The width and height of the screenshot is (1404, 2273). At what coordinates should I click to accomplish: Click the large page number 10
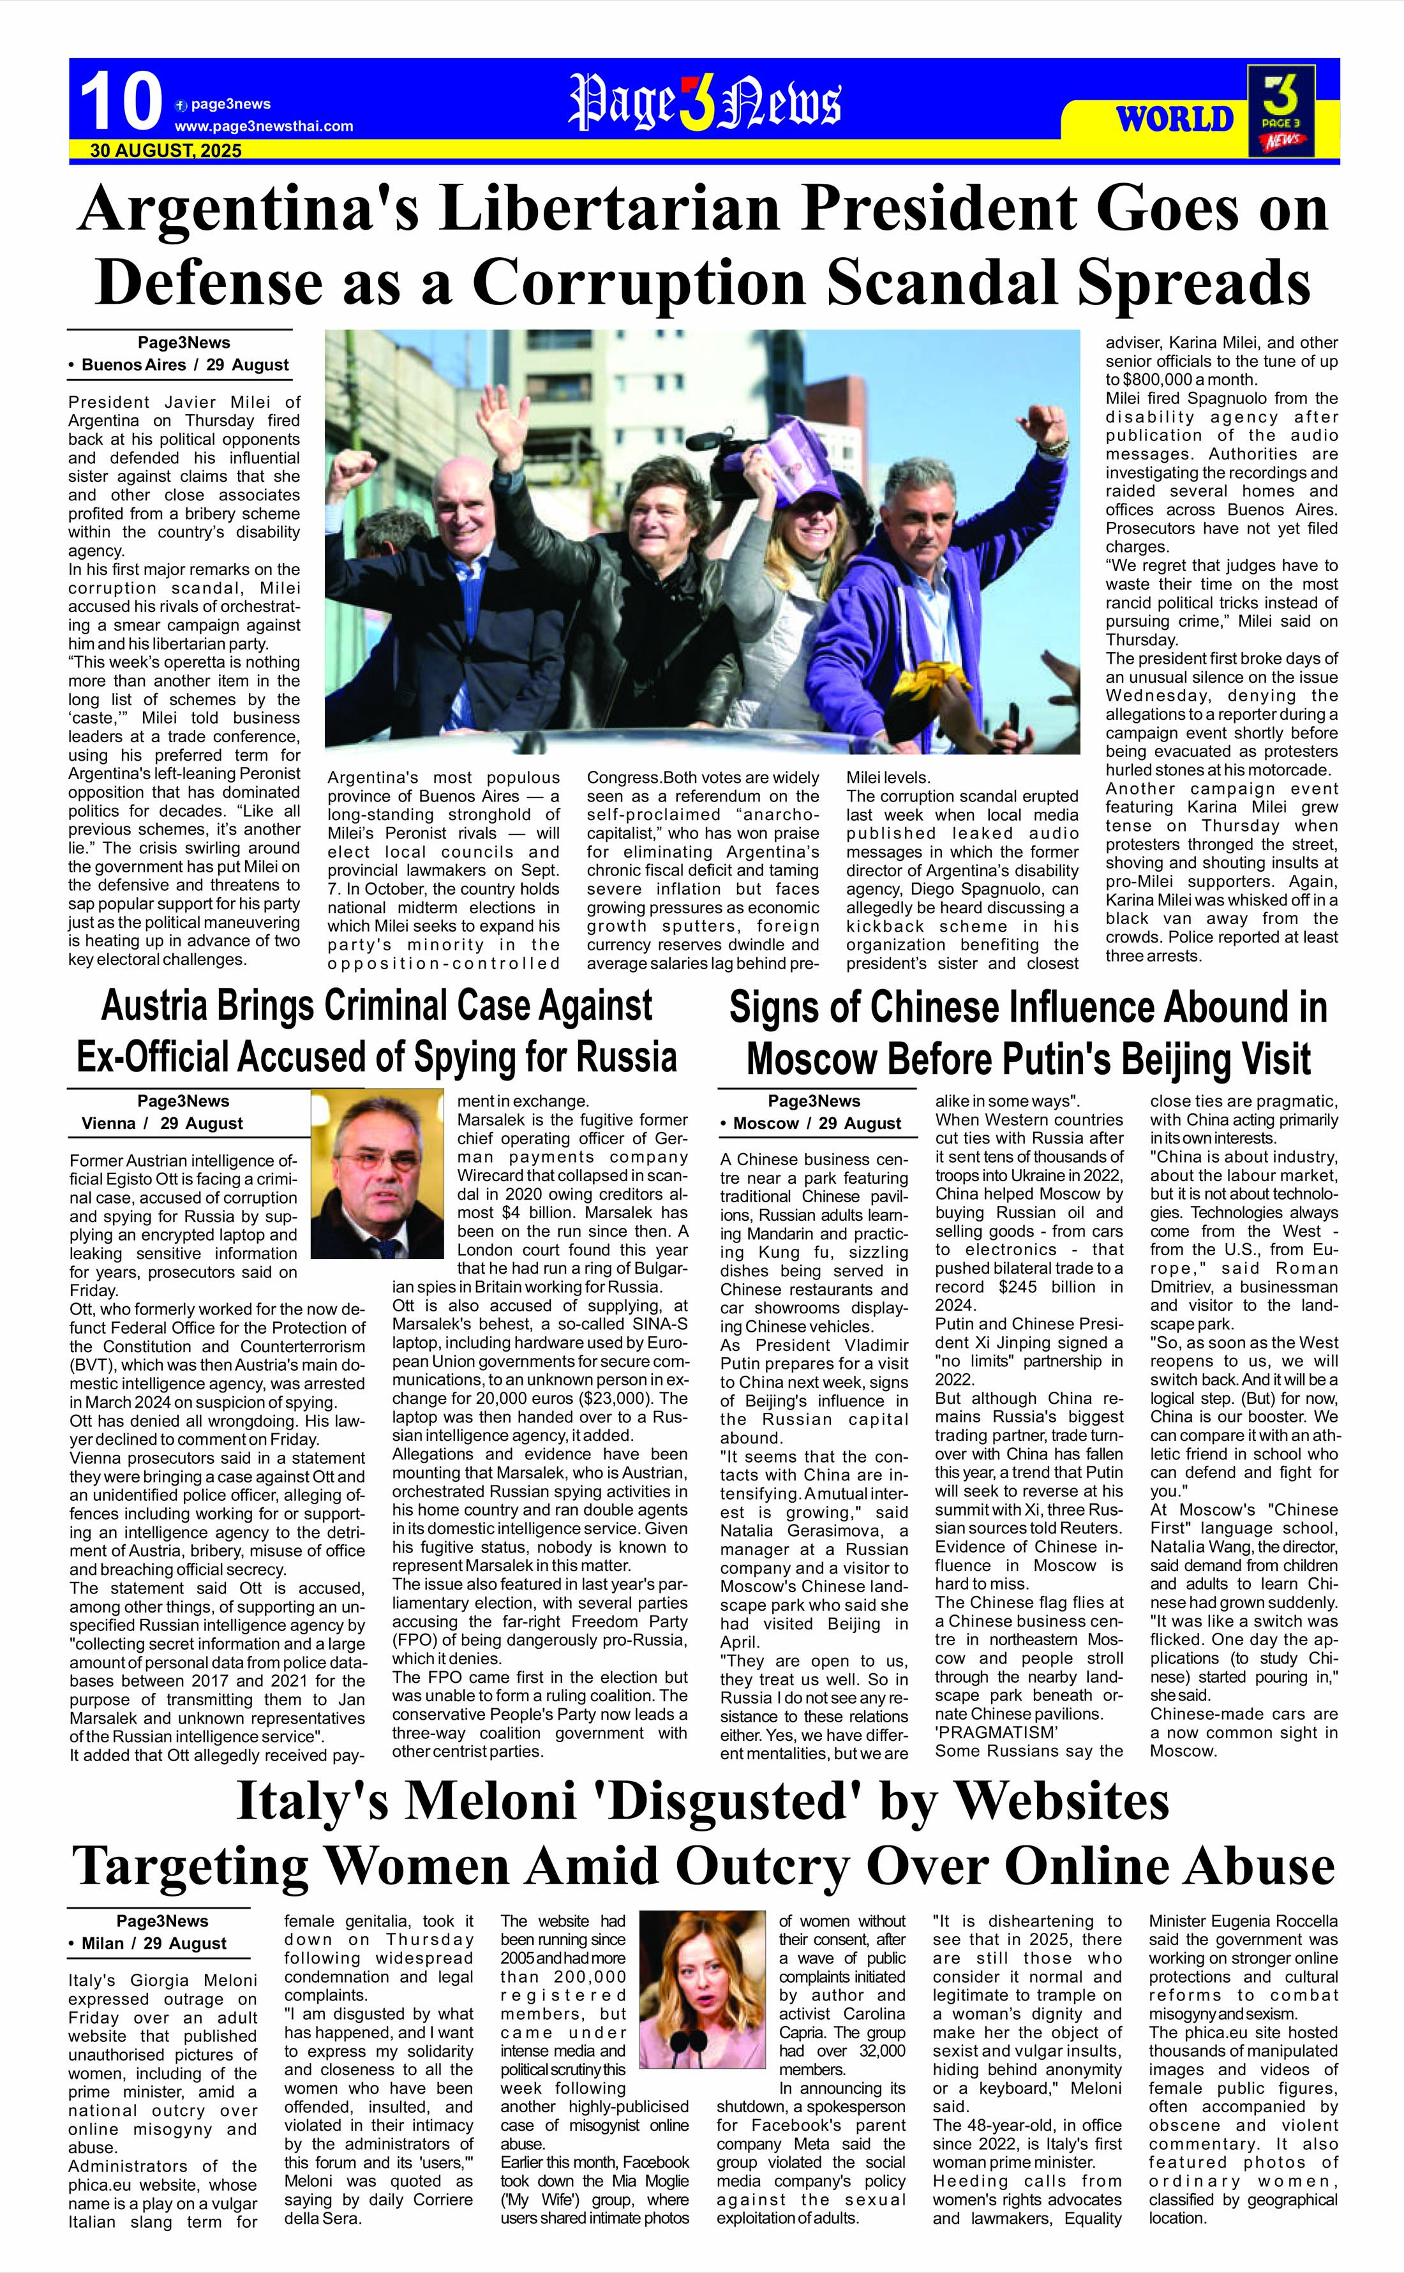(121, 102)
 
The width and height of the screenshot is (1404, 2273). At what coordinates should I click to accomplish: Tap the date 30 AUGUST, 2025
(165, 151)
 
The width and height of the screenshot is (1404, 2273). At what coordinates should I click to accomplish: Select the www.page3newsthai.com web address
(264, 126)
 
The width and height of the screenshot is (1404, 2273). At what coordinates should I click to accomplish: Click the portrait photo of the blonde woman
(715, 1987)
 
